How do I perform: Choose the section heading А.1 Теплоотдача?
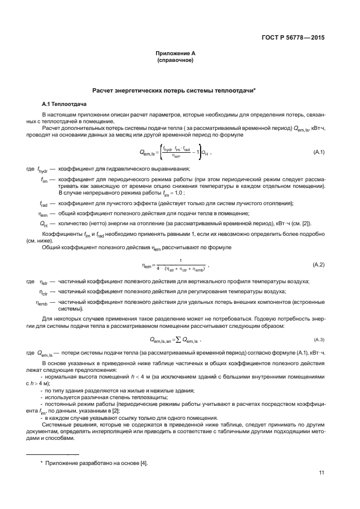click(x=64, y=104)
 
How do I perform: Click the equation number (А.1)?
click(x=319, y=152)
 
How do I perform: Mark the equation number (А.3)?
click(x=319, y=339)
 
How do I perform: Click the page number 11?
click(x=322, y=473)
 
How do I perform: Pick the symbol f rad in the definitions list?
click(x=43, y=204)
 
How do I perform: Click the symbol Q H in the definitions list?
click(x=43, y=224)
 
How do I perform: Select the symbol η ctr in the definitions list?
click(x=43, y=292)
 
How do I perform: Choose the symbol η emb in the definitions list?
click(x=42, y=302)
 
